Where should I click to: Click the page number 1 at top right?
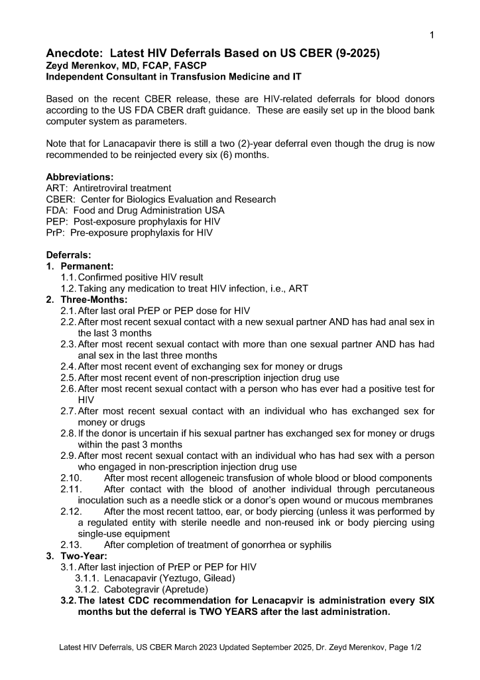(x=432, y=35)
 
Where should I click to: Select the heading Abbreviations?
(x=80, y=177)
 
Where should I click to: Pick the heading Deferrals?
(x=69, y=255)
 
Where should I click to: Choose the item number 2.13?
(x=71, y=545)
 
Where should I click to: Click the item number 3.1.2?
(x=86, y=589)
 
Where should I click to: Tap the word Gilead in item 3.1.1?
(x=219, y=578)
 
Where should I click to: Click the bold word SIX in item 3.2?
(x=425, y=600)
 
